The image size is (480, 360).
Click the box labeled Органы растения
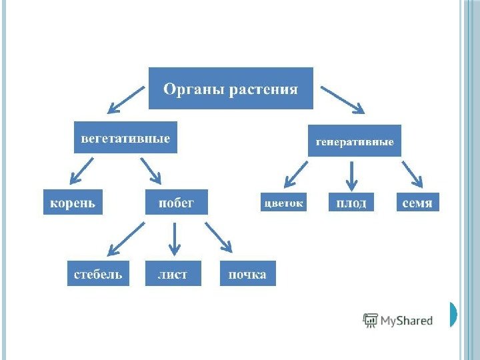[x=231, y=88]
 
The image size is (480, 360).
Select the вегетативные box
[x=125, y=139]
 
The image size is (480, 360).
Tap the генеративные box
[x=354, y=141]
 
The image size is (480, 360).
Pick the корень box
[x=73, y=202]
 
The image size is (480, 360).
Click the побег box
[x=176, y=202]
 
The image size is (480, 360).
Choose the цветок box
[x=284, y=203]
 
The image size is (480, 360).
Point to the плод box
[x=351, y=203]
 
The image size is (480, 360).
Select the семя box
[x=418, y=203]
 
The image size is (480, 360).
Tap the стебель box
[x=97, y=274]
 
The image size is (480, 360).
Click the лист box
[x=173, y=274]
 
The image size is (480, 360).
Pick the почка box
[x=247, y=274]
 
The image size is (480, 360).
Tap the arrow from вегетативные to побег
[x=150, y=170]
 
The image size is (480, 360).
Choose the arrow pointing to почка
[x=219, y=237]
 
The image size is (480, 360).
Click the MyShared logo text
[x=406, y=321]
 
